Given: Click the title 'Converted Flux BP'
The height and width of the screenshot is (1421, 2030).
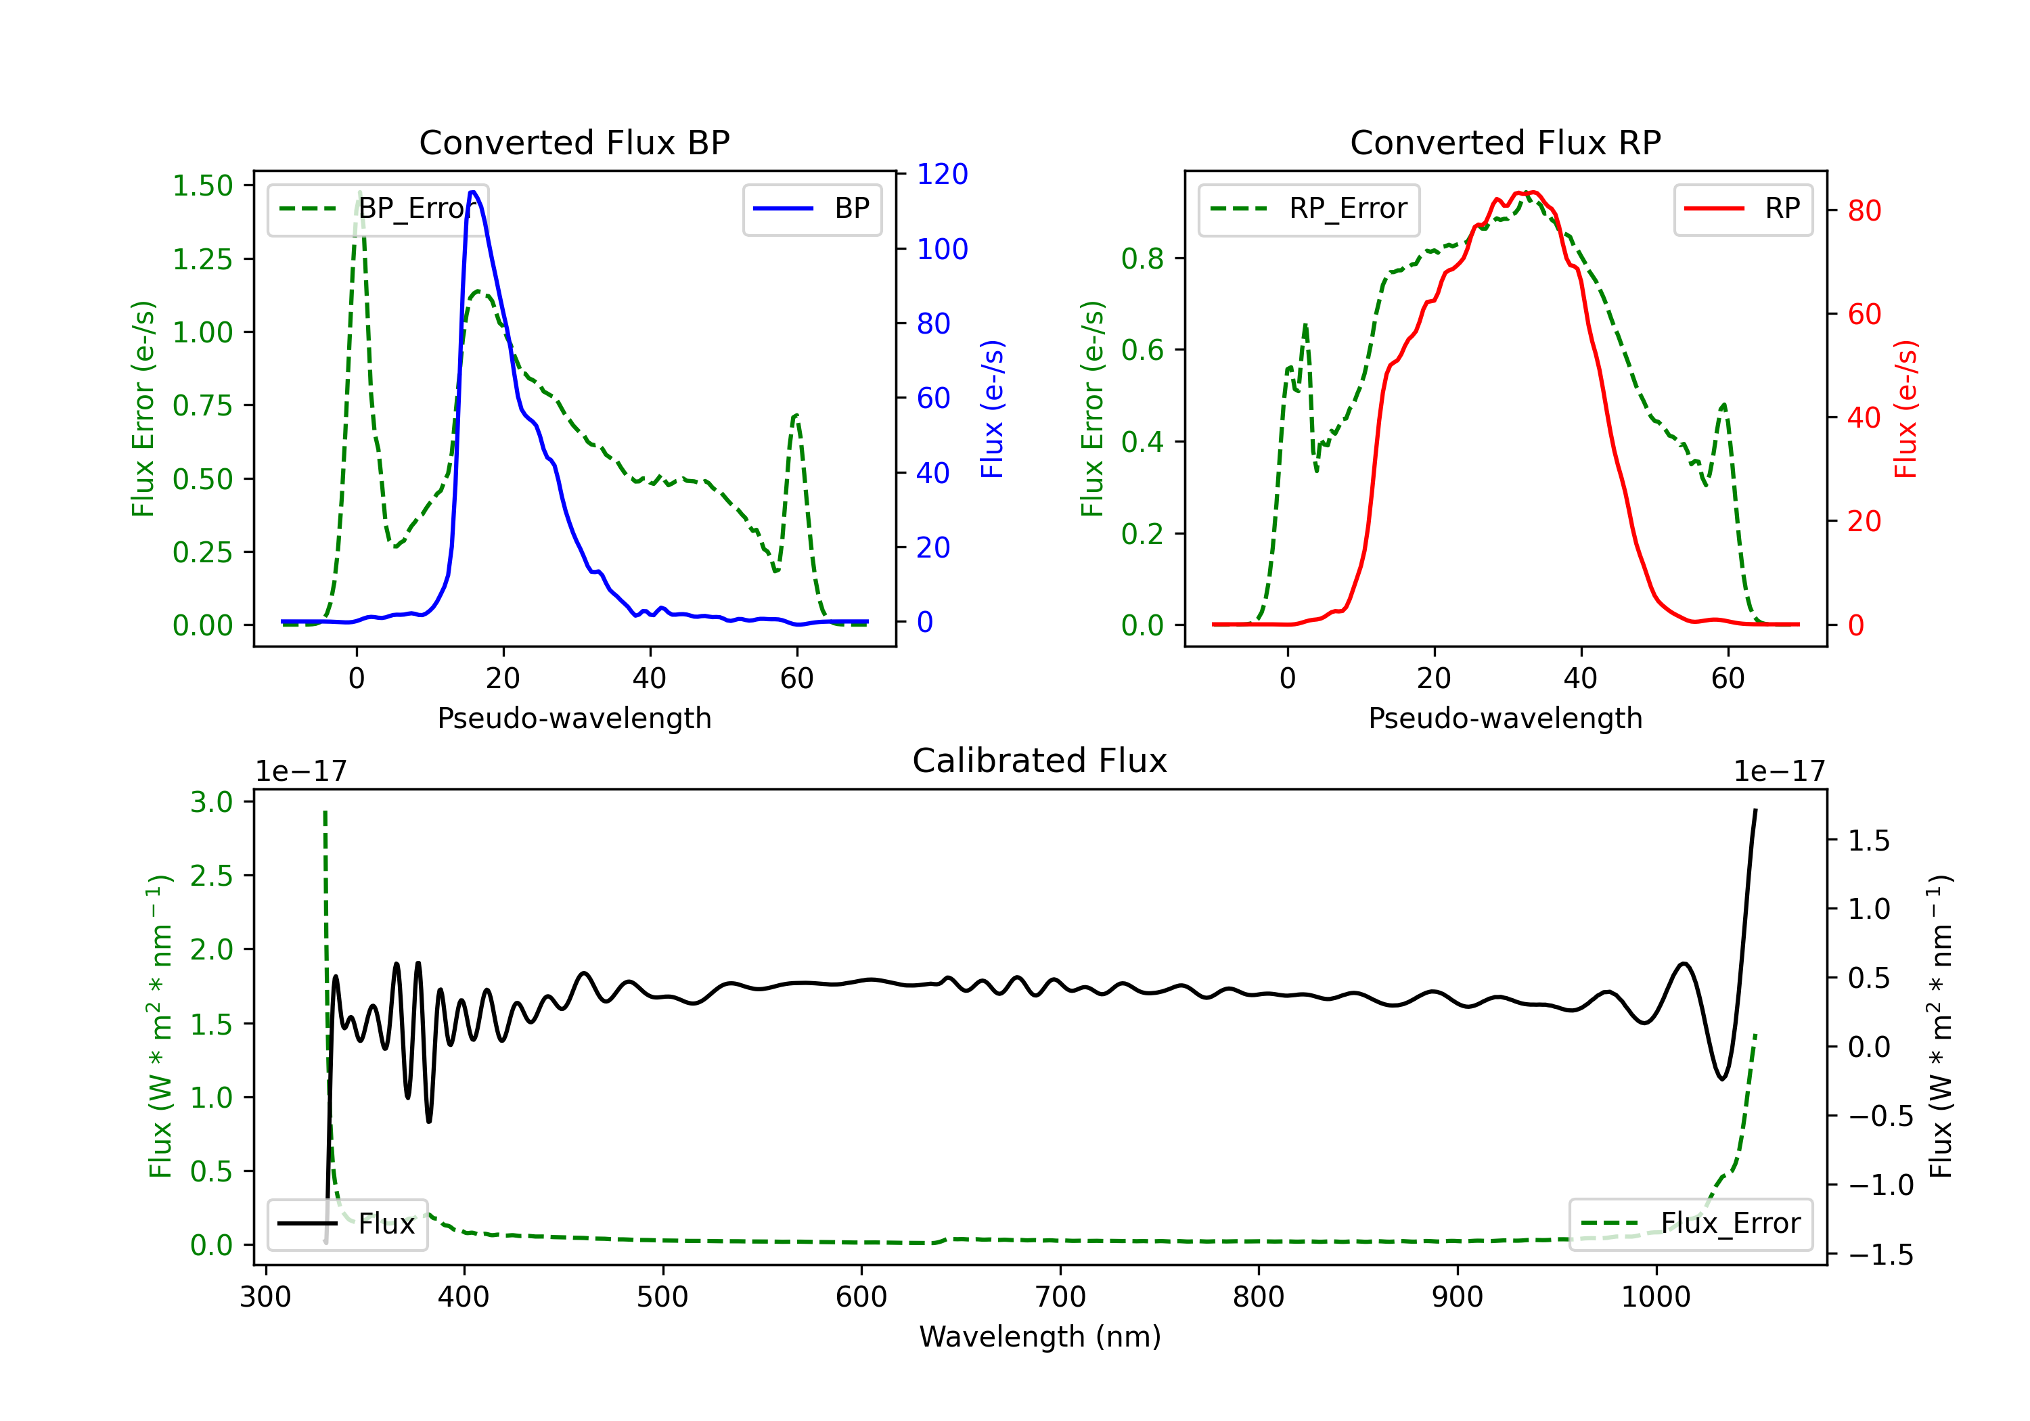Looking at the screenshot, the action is tap(574, 142).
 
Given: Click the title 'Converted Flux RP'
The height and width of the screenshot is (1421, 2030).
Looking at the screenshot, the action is tap(1505, 142).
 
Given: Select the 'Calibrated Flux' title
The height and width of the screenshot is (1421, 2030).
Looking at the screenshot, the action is tap(1040, 761).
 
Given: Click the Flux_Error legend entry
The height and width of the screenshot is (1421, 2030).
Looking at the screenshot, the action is tap(1690, 1224).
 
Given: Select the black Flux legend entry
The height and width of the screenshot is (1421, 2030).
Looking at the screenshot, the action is tap(348, 1224).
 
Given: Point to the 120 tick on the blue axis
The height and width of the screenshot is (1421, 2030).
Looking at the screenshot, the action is tap(943, 174).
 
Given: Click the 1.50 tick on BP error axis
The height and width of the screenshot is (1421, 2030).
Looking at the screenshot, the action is tap(202, 185).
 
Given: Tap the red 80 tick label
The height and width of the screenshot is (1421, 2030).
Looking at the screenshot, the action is tap(1865, 210).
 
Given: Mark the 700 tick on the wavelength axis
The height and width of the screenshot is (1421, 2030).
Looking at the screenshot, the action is tap(1060, 1297).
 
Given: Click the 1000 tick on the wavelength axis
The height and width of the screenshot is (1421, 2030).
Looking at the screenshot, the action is tap(1656, 1297).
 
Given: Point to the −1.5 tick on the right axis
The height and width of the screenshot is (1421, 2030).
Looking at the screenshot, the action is tap(1880, 1255).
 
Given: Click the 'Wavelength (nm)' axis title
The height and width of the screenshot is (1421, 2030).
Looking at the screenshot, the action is tap(1040, 1337).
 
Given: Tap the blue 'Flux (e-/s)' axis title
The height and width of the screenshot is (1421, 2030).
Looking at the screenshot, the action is tap(992, 409).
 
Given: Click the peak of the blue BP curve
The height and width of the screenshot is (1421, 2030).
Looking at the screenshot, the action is tap(473, 192).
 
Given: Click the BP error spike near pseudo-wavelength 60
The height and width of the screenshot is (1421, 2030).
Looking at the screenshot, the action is tap(796, 415).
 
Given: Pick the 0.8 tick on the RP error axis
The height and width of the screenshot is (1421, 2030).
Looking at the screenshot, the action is tap(1142, 258).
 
